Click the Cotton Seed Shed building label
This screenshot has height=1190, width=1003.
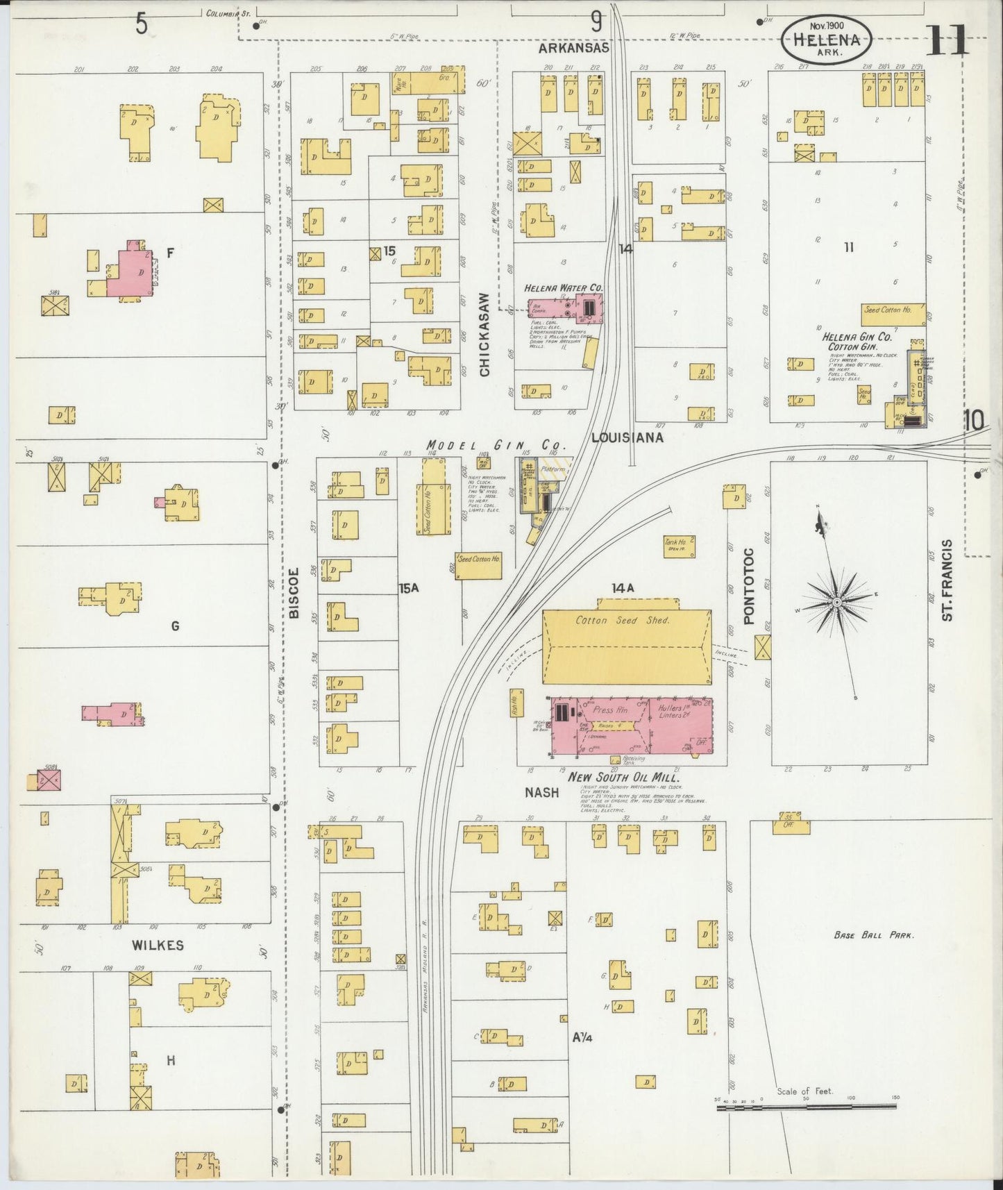click(623, 620)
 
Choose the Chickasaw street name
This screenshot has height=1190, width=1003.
click(485, 334)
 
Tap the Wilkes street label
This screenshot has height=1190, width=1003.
click(160, 945)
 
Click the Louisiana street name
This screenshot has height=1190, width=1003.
click(627, 437)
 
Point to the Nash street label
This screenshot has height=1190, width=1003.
click(541, 792)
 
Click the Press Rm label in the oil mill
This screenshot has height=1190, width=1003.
click(611, 710)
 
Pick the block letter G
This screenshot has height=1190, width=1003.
click(175, 626)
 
